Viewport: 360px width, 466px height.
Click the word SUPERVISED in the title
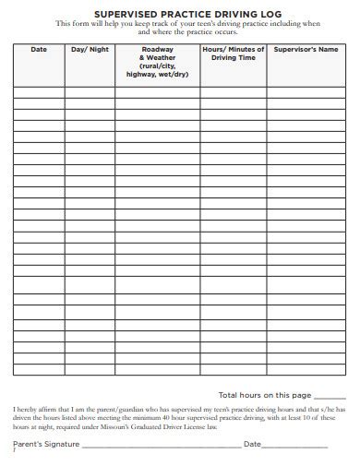109,9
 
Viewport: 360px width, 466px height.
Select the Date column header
38,49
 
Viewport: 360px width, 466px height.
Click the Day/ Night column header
89,49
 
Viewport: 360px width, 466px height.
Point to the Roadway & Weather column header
157,54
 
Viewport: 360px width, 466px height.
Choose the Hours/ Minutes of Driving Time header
233,54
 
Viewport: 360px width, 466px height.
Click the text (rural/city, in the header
157,66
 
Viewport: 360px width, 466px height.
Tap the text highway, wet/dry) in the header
157,75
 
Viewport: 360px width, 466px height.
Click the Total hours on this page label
264,395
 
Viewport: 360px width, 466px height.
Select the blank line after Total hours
330,397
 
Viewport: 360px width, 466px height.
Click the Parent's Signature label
46,444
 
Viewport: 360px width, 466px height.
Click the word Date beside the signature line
253,444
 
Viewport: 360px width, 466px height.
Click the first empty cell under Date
38,92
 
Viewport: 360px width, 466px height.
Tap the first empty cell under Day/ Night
89,92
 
